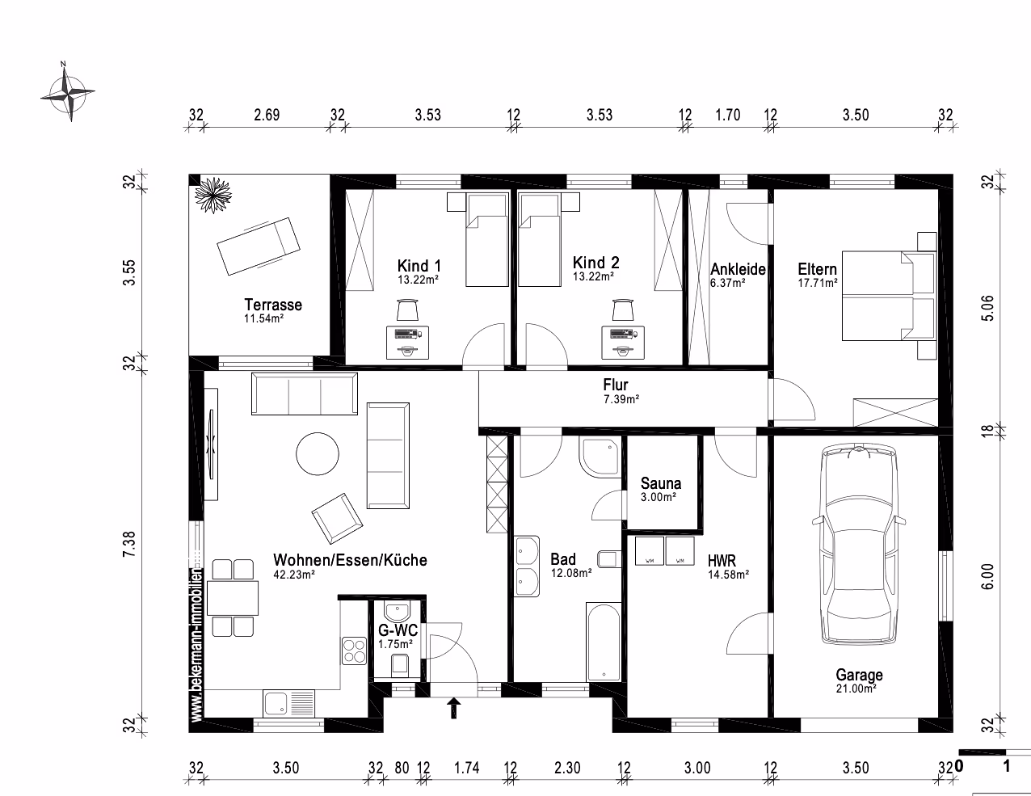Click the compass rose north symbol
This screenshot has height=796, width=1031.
(x=68, y=92)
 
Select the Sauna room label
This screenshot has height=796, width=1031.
(x=660, y=483)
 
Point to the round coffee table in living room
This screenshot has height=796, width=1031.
(x=318, y=453)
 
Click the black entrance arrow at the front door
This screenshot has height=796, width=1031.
(x=454, y=707)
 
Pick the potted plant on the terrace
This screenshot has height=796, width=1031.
(x=213, y=195)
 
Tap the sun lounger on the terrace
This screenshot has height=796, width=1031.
(x=259, y=246)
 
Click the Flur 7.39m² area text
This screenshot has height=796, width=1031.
(x=621, y=399)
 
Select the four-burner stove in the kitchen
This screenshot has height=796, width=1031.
(x=355, y=651)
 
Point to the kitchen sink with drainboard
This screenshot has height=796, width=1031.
(x=289, y=703)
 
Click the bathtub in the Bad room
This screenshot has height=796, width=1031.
(x=604, y=642)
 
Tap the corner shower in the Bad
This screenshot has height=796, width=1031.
(x=600, y=457)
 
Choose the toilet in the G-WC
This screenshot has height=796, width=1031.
(x=400, y=664)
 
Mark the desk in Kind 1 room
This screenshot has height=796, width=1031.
(x=407, y=342)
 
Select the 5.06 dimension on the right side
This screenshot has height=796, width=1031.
(x=987, y=309)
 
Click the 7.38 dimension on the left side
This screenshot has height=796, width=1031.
(x=129, y=544)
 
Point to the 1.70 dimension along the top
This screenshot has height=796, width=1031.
(x=728, y=115)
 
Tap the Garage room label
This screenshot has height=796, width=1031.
(x=859, y=675)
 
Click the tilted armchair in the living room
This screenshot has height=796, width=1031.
(x=338, y=519)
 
